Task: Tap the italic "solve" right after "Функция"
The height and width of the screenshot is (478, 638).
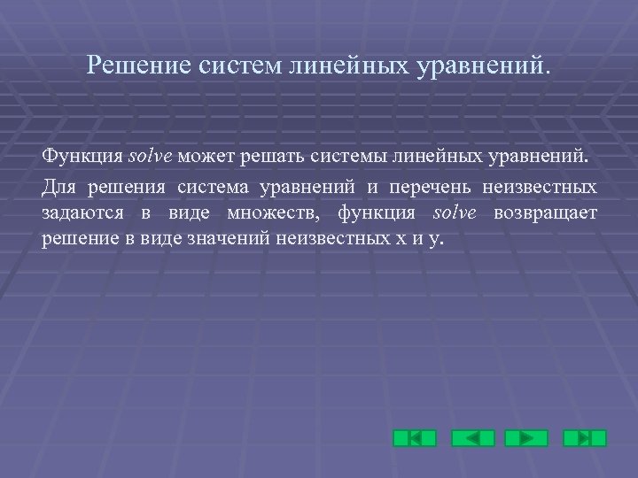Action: [152, 158]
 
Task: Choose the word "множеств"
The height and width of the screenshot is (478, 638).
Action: [274, 212]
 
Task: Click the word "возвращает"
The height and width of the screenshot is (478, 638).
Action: [546, 212]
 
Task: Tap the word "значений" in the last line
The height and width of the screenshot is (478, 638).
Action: [230, 238]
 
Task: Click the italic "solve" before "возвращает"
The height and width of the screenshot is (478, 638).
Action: [455, 212]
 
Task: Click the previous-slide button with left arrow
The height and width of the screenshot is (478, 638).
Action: [472, 438]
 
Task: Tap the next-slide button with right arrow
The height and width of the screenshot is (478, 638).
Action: [526, 438]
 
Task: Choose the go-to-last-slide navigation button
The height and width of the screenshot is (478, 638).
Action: [585, 438]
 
